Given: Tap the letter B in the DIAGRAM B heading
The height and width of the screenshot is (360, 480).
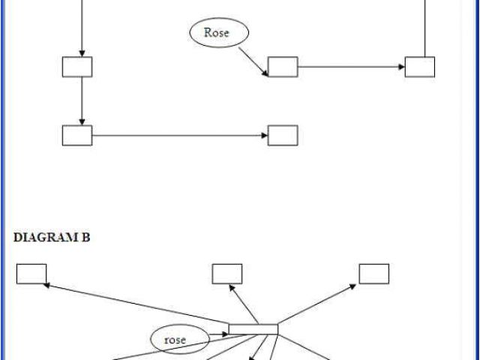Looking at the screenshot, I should point(86,238).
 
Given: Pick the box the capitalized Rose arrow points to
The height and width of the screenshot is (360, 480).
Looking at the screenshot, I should point(283,67).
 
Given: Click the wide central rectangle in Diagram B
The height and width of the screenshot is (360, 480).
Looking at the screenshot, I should point(253,328).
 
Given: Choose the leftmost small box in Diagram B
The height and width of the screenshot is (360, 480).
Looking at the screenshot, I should point(31,274).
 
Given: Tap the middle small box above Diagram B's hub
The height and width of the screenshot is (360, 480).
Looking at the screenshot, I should point(227,274).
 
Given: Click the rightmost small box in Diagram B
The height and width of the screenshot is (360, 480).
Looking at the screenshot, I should point(373,274).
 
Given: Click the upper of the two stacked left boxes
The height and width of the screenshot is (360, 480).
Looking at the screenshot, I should point(77,67).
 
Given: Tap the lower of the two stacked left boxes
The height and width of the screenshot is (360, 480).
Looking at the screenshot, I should point(77,135).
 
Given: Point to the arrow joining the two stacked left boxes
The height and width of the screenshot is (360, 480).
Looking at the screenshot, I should point(81,100).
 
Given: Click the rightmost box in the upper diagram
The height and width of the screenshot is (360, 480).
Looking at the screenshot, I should point(420,67).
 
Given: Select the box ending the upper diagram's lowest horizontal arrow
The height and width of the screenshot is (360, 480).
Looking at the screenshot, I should point(283,135).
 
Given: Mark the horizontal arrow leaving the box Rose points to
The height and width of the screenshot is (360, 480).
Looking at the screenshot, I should point(351,67).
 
